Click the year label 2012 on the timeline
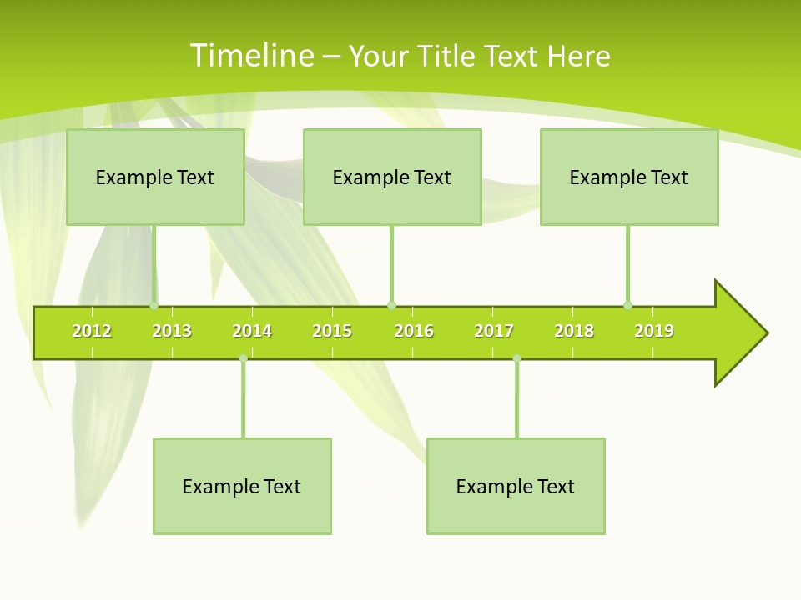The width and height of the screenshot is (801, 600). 92,331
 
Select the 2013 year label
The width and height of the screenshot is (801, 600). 172,331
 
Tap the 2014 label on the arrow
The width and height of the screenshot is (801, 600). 252,331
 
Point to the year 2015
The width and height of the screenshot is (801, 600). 332,331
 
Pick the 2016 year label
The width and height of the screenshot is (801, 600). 414,331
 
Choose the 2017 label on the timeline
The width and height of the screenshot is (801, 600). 494,331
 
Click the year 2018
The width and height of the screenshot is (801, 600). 574,331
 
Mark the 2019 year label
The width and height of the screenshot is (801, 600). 654,331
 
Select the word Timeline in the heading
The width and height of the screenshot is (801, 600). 252,56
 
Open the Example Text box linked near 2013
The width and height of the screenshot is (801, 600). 155,177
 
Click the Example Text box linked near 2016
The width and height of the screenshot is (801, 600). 392,177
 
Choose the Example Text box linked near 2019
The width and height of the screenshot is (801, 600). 629,177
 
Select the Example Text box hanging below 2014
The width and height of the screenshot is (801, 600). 242,486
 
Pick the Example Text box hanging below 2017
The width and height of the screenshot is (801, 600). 516,486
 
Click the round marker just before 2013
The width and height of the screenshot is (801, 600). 154,305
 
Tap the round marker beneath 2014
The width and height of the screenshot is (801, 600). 243,358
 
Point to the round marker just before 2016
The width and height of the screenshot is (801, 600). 391,305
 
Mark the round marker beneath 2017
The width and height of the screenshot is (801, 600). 516,358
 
